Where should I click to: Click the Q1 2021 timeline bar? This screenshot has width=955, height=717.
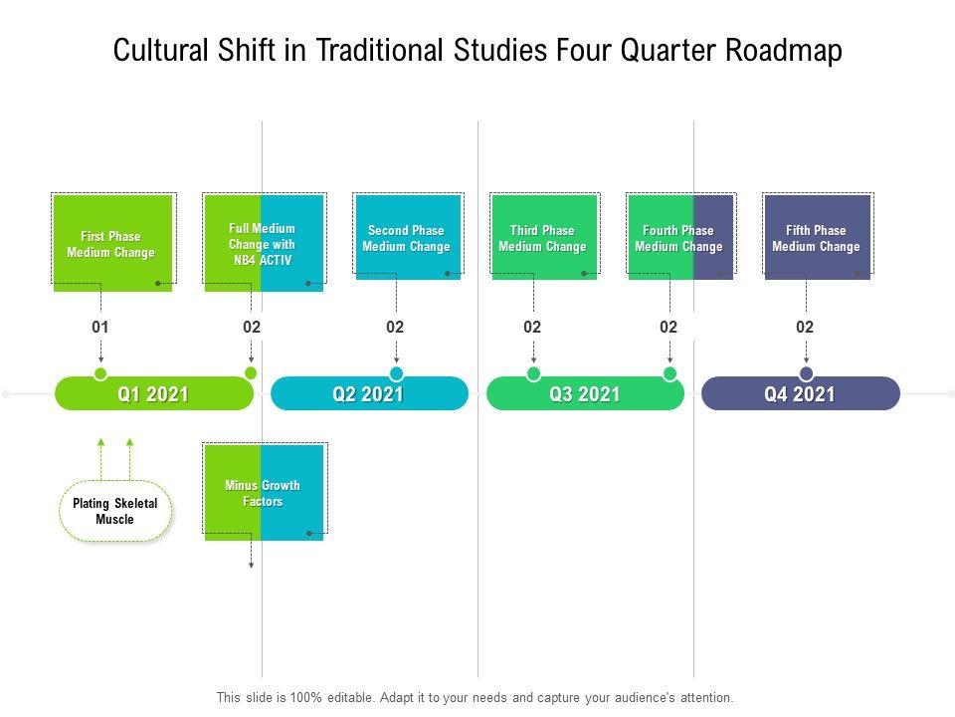coord(153,394)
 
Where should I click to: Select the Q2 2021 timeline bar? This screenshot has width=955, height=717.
coord(368,394)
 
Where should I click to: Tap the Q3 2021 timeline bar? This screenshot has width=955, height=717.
coord(585,394)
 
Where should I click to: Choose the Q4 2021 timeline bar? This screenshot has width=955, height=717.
coord(800,394)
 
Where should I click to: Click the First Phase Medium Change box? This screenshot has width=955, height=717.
coord(111,244)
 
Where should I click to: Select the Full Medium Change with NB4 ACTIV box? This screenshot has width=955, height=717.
coord(263,243)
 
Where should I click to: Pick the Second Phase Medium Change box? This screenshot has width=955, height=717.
coord(407,238)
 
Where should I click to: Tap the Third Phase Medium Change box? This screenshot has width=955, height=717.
coord(543,238)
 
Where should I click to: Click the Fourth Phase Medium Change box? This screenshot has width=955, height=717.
coord(679,238)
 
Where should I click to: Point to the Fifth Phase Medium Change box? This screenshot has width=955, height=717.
coord(817,238)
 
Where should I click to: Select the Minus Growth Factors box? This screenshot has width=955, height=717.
coord(263,493)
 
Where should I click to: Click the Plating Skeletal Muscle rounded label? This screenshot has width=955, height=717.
coord(115,512)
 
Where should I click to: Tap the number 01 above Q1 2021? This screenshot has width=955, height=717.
coord(99,327)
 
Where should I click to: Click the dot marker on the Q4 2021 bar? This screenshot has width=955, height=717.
coord(806,373)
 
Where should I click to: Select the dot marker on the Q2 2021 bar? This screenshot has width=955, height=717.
coord(396,373)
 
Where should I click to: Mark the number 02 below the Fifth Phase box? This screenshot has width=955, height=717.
coord(805,327)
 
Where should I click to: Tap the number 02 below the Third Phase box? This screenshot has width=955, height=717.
coord(532,327)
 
